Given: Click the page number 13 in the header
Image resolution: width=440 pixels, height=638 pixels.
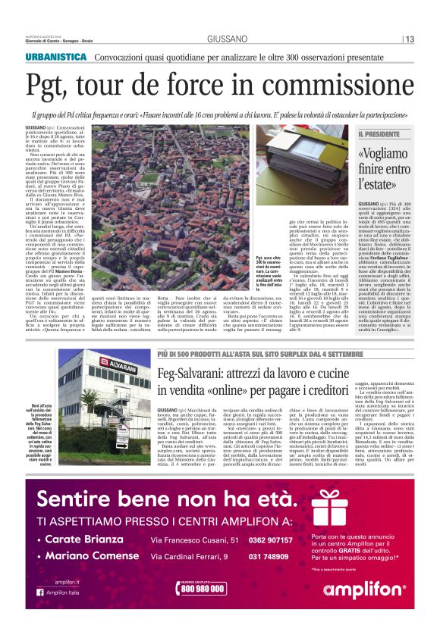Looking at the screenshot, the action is tap(409, 39).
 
